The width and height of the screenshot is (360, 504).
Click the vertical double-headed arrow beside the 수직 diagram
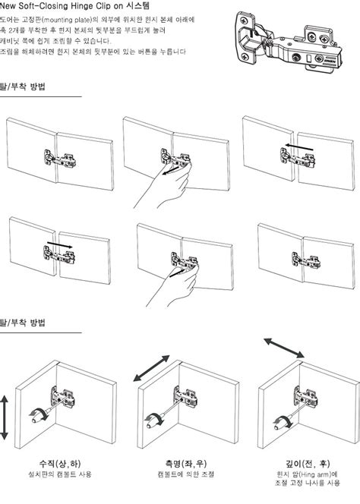tap(5, 417)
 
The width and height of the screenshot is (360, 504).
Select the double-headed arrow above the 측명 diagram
tap(151, 368)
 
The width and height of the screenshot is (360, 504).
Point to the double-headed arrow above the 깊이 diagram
tap(284, 348)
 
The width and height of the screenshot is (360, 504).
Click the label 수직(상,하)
tap(60, 464)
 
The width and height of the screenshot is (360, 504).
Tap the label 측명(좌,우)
tap(186, 464)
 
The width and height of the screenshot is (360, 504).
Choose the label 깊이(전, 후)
tap(308, 464)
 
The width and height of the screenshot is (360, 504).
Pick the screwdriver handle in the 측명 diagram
tap(153, 422)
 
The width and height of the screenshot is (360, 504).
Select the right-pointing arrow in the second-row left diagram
tap(60, 244)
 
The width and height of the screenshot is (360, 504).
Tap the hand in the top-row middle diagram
tap(164, 187)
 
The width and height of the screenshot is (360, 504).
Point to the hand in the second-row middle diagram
tap(175, 286)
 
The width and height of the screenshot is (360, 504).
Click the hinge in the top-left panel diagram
tap(60, 159)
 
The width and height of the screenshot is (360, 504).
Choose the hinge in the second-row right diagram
tap(306, 260)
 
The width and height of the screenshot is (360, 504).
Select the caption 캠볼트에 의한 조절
tap(186, 474)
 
